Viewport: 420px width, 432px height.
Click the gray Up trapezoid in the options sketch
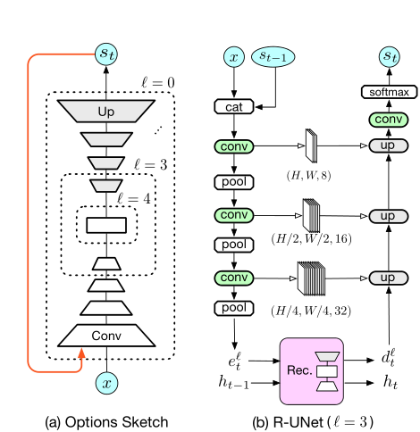(x=106, y=113)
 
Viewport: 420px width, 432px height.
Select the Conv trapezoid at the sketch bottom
(x=106, y=336)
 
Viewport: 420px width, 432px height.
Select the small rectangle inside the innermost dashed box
(x=106, y=227)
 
